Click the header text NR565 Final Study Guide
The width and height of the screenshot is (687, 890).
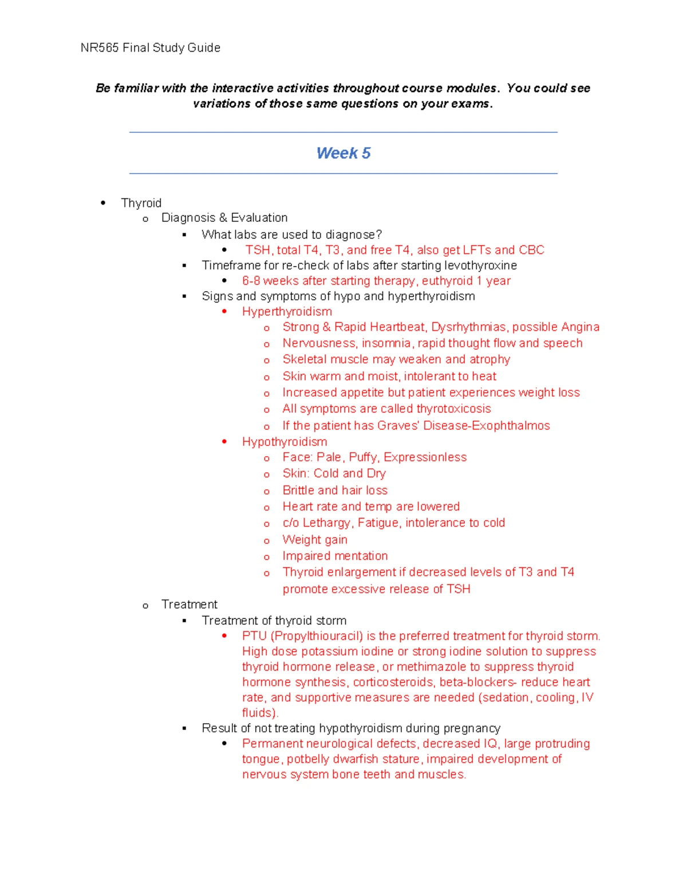150,48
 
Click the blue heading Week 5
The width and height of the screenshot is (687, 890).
343,153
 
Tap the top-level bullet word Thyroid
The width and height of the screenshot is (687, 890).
141,203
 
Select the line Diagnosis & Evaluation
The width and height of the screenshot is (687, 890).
224,218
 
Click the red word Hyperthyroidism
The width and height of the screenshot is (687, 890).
287,311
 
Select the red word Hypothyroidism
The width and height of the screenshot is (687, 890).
285,442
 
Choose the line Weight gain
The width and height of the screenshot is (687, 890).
314,540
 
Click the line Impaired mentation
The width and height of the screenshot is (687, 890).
335,556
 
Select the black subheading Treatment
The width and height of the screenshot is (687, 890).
189,605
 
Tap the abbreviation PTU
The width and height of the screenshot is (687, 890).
254,636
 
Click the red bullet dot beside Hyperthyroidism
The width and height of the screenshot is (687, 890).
224,311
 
